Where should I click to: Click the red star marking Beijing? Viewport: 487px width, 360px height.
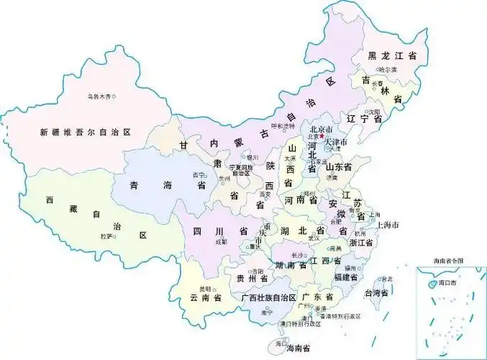[322, 135]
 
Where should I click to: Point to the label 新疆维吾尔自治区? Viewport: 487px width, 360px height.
[86, 132]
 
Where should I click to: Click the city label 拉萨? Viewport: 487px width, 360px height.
[106, 235]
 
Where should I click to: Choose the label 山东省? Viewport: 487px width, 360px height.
[338, 167]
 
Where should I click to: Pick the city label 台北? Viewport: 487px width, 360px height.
[387, 279]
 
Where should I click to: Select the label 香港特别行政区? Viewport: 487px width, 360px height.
[340, 316]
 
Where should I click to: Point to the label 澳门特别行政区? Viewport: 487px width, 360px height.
[301, 323]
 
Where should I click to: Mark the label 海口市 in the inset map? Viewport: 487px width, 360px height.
[451, 284]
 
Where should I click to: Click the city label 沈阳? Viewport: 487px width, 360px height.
[372, 112]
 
